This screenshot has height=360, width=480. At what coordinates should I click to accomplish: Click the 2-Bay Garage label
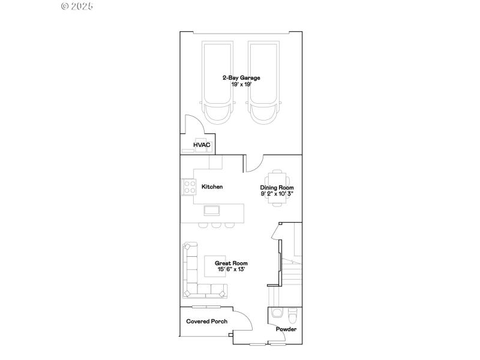click(x=241, y=78)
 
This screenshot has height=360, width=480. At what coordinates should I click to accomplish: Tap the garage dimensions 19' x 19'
click(x=241, y=85)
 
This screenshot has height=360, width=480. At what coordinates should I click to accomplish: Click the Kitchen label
click(x=212, y=187)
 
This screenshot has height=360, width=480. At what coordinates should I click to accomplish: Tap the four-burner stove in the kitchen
click(x=190, y=187)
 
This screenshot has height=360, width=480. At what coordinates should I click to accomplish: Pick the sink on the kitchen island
click(x=212, y=210)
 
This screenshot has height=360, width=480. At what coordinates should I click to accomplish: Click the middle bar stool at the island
click(x=217, y=225)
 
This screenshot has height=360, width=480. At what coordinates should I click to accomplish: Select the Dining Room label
click(x=277, y=188)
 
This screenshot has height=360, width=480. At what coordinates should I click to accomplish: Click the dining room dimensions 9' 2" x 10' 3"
click(x=277, y=194)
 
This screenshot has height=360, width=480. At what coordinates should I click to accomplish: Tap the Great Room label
click(x=232, y=263)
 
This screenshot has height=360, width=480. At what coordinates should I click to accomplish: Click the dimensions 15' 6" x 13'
click(x=232, y=270)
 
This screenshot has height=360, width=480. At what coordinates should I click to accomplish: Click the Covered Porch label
click(x=206, y=322)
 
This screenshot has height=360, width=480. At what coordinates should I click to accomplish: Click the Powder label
click(x=286, y=329)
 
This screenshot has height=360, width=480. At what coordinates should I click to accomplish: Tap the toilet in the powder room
click(x=292, y=314)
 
